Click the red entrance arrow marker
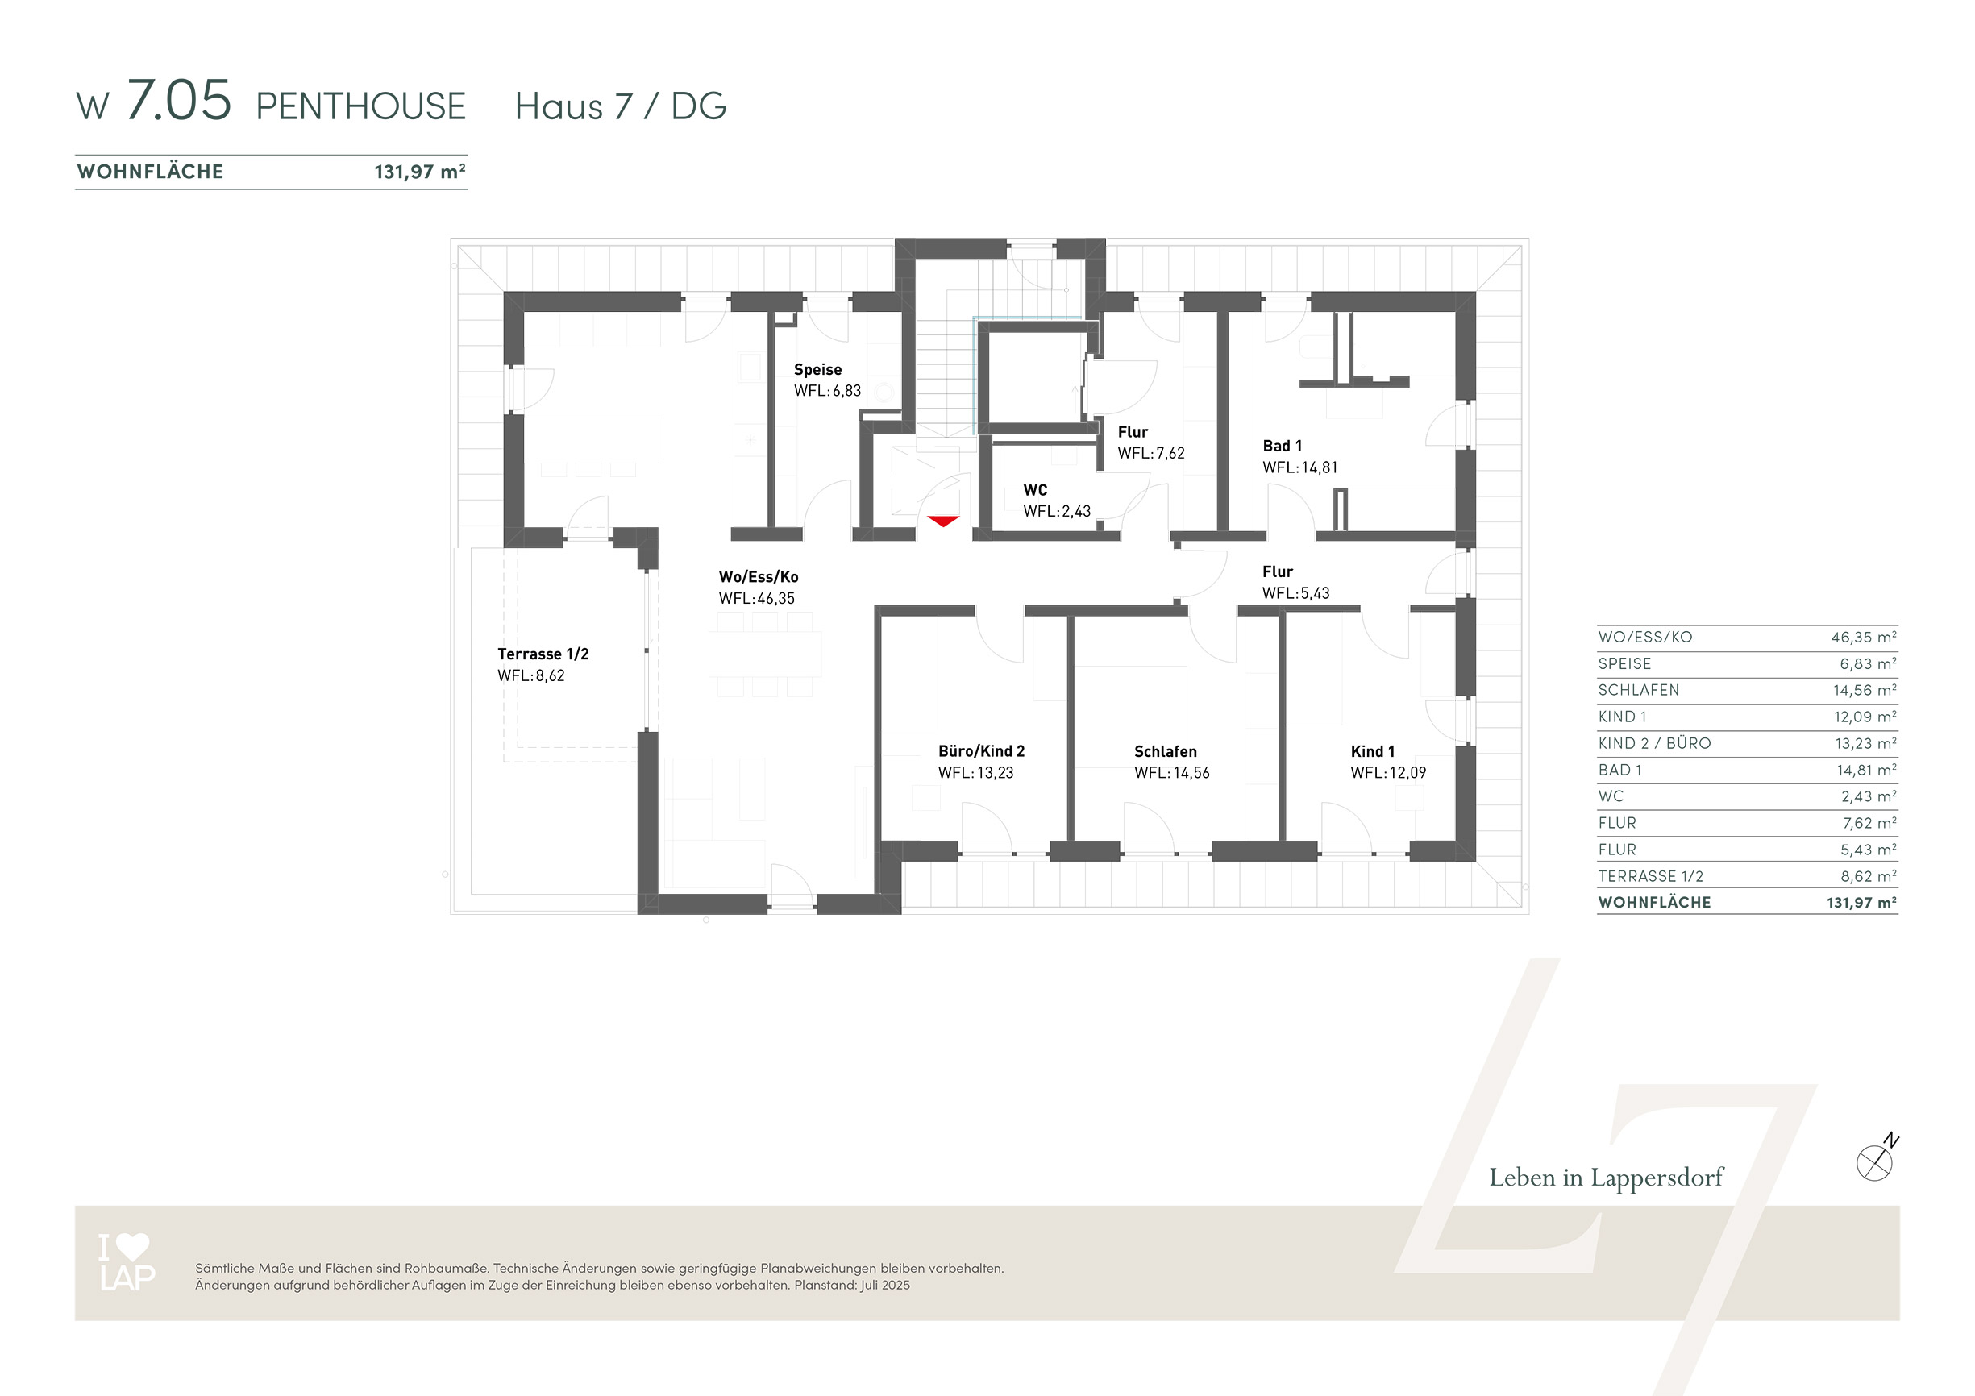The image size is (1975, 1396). (944, 521)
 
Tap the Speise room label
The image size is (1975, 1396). (817, 370)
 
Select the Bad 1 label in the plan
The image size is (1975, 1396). (1282, 446)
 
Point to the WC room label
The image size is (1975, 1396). (1035, 490)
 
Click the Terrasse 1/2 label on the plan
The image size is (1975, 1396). (543, 654)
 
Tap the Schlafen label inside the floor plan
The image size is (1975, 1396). (1165, 751)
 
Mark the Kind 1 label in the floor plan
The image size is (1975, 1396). (1372, 751)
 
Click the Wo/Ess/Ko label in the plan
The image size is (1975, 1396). (759, 577)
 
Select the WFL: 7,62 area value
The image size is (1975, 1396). (1151, 453)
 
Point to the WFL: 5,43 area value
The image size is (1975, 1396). (1295, 593)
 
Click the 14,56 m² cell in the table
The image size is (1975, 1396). (1864, 691)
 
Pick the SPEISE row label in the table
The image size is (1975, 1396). (1624, 664)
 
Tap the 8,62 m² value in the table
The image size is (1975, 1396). (1869, 876)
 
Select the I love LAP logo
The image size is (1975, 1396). (127, 1262)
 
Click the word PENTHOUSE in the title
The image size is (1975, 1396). (360, 106)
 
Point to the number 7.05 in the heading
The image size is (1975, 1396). (179, 100)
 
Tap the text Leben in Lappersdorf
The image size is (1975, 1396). (1606, 1178)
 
